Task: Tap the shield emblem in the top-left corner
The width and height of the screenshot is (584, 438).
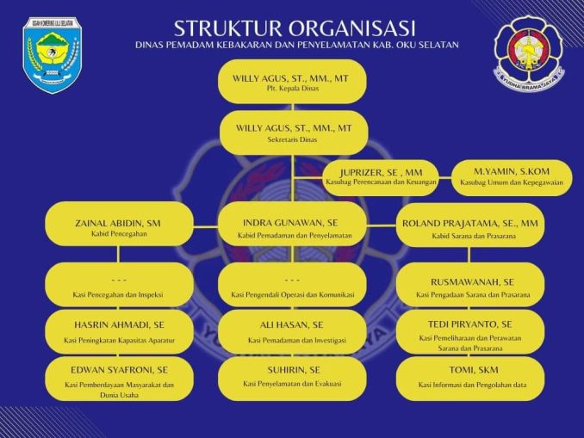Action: tap(51, 53)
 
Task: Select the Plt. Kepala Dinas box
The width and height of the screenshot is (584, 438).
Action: tap(292, 82)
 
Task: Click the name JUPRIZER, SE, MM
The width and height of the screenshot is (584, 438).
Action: tap(381, 172)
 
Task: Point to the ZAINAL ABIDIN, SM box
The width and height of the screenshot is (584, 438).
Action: tap(119, 226)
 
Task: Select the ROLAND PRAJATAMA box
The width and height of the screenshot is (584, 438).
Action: tap(470, 226)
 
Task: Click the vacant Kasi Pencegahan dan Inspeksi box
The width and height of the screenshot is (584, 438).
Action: tap(119, 286)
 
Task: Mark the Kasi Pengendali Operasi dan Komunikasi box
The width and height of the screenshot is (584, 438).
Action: tap(293, 286)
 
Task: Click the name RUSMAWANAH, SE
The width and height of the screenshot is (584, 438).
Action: tap(471, 281)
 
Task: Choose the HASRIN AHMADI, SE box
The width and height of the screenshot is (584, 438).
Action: tap(119, 331)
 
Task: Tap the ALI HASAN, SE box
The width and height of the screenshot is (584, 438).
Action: tap(293, 331)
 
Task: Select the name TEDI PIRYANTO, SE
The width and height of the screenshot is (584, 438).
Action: tap(471, 324)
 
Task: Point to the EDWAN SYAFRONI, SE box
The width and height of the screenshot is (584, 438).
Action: tap(119, 378)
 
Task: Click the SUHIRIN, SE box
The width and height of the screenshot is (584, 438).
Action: tap(293, 377)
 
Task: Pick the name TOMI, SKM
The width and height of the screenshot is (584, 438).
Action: tap(471, 371)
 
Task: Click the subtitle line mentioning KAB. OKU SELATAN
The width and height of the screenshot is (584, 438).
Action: tap(296, 44)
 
